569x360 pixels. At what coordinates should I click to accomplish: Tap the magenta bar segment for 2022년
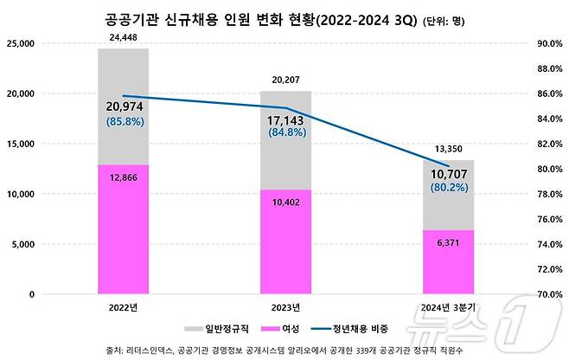point(123,229)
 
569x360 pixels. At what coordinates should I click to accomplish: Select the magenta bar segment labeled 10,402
point(285,242)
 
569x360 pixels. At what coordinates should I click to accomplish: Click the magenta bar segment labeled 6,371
point(448,262)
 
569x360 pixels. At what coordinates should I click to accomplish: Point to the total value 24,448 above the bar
point(123,38)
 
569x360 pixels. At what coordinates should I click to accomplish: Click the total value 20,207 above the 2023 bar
point(285,80)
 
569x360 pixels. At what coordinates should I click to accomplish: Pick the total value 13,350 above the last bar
point(448,149)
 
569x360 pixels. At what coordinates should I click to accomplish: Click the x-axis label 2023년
point(285,307)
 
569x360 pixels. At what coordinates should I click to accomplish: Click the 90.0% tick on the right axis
point(549,43)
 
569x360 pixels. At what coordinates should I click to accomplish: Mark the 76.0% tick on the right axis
point(549,219)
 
